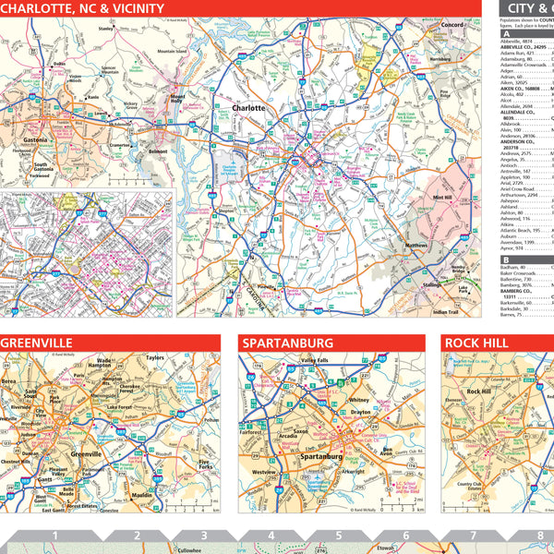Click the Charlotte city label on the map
249,108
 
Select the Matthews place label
415,246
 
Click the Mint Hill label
442,197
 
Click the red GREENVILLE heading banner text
41,343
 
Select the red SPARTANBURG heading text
286,343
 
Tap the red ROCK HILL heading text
481,343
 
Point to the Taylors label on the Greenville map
154,357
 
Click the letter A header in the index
505,33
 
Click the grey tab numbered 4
271,536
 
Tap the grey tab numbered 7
472,536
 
